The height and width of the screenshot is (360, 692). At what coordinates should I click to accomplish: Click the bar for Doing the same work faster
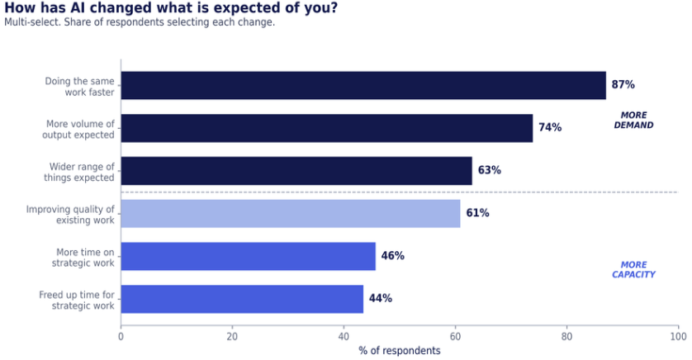(x=363, y=85)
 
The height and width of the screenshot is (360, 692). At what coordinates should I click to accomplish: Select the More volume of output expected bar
(x=326, y=128)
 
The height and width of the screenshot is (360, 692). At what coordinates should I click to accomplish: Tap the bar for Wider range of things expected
(x=296, y=171)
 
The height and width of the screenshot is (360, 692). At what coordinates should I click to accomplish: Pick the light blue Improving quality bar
(x=291, y=214)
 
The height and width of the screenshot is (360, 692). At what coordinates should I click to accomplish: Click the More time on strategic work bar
(x=248, y=256)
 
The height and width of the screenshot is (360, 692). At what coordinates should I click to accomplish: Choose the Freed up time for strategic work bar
(x=242, y=299)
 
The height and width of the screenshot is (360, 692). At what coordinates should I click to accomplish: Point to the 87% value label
(x=623, y=84)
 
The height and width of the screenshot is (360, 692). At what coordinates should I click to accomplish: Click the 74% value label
(x=550, y=127)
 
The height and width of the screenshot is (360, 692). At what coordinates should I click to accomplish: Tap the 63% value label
(x=490, y=170)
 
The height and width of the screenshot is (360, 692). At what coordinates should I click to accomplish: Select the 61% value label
(x=477, y=213)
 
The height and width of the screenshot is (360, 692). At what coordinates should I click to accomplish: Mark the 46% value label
(x=393, y=255)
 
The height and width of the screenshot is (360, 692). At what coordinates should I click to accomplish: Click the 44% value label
(x=381, y=298)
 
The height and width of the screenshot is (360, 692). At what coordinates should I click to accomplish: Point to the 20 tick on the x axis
(x=232, y=337)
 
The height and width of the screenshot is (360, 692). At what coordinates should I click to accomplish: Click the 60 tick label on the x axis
(x=455, y=337)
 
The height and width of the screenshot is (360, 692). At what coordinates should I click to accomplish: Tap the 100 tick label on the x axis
(x=678, y=337)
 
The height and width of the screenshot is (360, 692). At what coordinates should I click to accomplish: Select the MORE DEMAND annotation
(x=633, y=120)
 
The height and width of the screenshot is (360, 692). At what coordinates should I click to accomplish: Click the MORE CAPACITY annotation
(x=633, y=269)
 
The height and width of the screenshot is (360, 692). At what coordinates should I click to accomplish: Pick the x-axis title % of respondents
(x=400, y=351)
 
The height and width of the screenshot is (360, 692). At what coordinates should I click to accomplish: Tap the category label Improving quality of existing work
(x=70, y=215)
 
